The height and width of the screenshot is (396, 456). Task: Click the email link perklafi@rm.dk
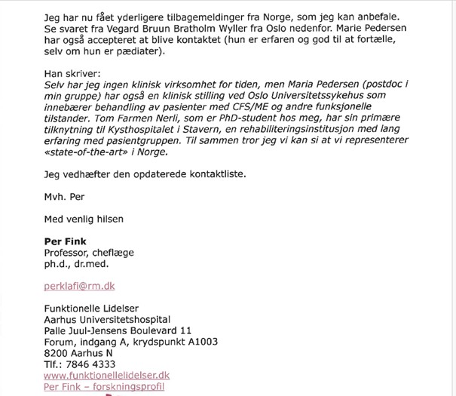click(x=80, y=287)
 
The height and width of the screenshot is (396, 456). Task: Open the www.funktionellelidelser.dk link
click(x=107, y=375)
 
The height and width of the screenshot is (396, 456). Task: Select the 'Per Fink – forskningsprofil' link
click(x=104, y=387)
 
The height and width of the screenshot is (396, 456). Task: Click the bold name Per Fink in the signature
click(x=66, y=241)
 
